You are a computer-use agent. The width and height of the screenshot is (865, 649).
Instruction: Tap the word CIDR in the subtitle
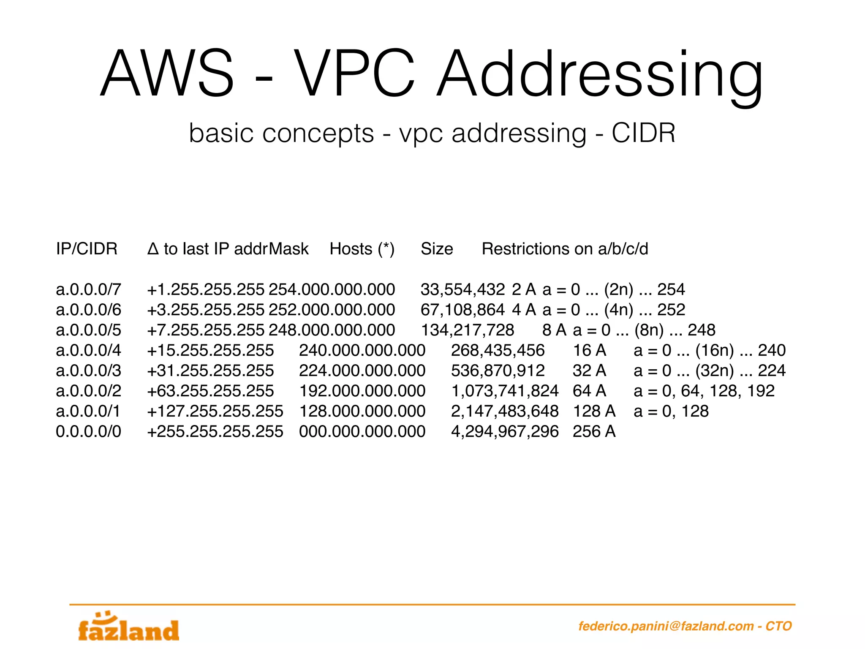tap(643, 134)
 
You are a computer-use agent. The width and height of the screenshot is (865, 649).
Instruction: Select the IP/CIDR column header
tap(87, 249)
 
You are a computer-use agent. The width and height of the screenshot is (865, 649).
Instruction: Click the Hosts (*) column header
tap(362, 249)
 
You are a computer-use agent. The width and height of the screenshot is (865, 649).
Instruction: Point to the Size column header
tap(437, 249)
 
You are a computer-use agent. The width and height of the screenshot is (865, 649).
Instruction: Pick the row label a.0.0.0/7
tap(88, 289)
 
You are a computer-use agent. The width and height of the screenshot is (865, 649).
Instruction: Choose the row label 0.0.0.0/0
tap(88, 431)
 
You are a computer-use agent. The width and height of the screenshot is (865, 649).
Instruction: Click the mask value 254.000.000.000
tap(332, 289)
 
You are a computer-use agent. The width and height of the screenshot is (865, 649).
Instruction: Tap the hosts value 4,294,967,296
tap(505, 431)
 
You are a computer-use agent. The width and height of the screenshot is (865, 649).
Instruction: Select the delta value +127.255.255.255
tap(215, 411)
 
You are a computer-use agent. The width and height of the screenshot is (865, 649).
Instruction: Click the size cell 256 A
tap(594, 431)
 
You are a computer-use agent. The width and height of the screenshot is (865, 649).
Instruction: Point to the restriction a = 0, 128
tap(671, 411)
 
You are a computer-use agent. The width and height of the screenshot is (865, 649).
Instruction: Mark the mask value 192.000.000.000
tap(362, 391)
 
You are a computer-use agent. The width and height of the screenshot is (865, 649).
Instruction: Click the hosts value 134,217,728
tap(468, 330)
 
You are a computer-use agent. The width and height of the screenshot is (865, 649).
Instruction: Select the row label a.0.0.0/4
tap(88, 350)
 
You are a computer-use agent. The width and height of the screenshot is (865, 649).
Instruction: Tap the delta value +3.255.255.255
tap(205, 310)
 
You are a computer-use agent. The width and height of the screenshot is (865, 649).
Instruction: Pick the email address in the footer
tap(666, 626)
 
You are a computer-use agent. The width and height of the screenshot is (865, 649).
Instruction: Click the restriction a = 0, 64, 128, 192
tap(704, 391)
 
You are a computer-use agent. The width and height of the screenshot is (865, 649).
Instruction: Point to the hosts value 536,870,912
tap(498, 371)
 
